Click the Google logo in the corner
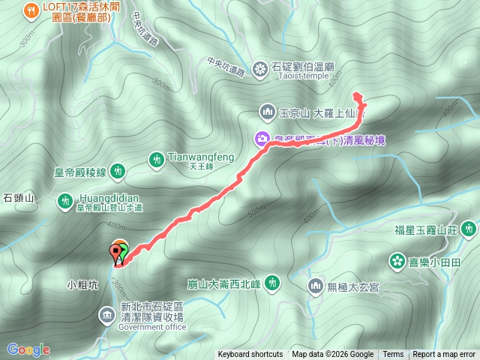tap(28, 349)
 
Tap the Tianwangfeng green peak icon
tap(157, 159)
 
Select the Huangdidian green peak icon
tap(65, 200)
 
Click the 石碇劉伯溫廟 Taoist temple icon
tap(259, 70)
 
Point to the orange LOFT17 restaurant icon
tap(31, 10)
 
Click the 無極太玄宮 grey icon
tap(316, 285)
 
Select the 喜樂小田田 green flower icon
tap(396, 261)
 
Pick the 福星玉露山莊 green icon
tap(469, 227)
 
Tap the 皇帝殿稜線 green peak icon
tap(118, 172)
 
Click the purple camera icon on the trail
tap(261, 138)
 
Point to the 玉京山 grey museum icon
tap(268, 112)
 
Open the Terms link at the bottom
tap(393, 355)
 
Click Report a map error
tap(444, 355)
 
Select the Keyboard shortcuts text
tap(250, 355)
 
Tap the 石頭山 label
tap(19, 198)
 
